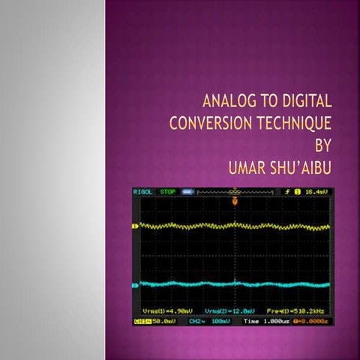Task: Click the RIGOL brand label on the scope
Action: pyautogui.click(x=142, y=192)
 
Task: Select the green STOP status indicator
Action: pyautogui.click(x=166, y=192)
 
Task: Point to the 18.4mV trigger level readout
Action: pyautogui.click(x=316, y=192)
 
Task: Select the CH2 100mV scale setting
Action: pyautogui.click(x=208, y=321)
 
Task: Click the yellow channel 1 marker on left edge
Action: pyautogui.click(x=135, y=226)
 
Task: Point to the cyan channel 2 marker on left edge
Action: pyautogui.click(x=135, y=286)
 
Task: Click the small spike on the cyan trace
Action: pyautogui.click(x=235, y=282)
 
